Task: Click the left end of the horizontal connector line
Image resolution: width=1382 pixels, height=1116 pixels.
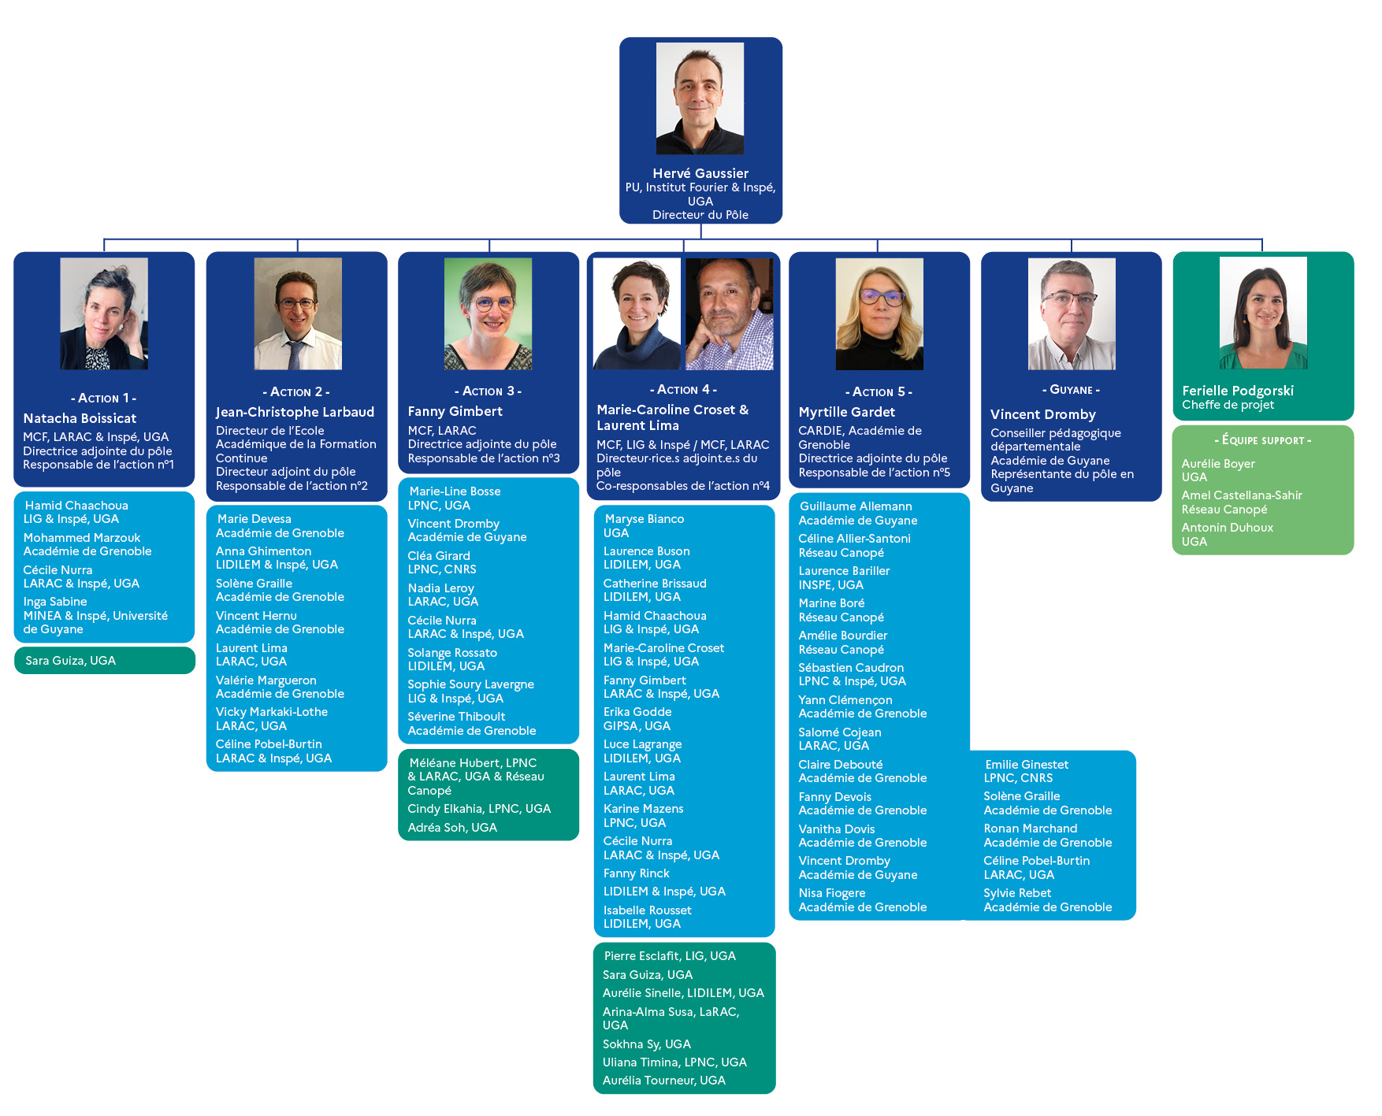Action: pyautogui.click(x=104, y=239)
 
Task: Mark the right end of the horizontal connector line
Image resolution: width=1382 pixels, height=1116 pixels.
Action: pyautogui.click(x=1262, y=239)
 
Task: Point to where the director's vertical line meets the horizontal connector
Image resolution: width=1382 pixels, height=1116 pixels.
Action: pyautogui.click(x=700, y=239)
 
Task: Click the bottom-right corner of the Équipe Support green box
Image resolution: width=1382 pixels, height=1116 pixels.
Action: pyautogui.click(x=1354, y=554)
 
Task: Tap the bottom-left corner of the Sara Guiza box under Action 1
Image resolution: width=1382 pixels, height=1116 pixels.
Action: pyautogui.click(x=14, y=674)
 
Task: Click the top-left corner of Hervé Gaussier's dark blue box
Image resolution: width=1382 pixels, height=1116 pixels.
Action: pyautogui.click(x=619, y=37)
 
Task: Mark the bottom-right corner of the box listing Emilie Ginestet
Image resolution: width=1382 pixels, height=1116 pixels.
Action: pyautogui.click(x=1136, y=920)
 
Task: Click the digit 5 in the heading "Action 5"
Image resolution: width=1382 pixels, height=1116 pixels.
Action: pyautogui.click(x=901, y=391)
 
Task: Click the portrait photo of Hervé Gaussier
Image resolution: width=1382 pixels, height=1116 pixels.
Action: pyautogui.click(x=700, y=98)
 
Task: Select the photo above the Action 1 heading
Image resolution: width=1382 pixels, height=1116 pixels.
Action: pyautogui.click(x=104, y=313)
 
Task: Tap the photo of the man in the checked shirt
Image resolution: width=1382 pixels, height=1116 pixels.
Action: pyautogui.click(x=729, y=313)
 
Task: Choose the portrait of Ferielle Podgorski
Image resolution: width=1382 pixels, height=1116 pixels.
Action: pyautogui.click(x=1263, y=313)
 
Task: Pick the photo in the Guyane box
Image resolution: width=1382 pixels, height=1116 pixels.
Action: pyautogui.click(x=1072, y=313)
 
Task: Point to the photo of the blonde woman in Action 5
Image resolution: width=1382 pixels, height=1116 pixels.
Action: pyautogui.click(x=879, y=313)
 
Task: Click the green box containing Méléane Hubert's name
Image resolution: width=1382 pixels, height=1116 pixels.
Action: pyautogui.click(x=489, y=795)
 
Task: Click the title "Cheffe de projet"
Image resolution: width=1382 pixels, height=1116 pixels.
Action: pyautogui.click(x=1228, y=405)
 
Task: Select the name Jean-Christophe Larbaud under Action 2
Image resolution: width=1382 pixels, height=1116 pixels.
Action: pyautogui.click(x=295, y=412)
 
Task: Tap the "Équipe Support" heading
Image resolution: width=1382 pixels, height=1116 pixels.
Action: pyautogui.click(x=1263, y=440)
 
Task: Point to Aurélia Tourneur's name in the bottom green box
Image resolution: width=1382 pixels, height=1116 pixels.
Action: pyautogui.click(x=663, y=1081)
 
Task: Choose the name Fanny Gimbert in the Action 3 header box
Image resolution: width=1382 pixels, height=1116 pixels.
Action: pyautogui.click(x=455, y=411)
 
